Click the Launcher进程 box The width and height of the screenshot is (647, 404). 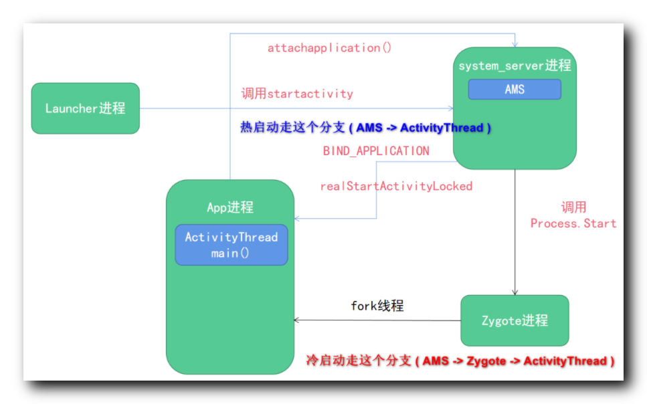pos(85,108)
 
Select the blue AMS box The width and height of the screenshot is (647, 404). pos(514,90)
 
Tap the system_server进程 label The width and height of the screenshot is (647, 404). pos(514,66)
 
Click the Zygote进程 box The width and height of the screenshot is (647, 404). pos(515,320)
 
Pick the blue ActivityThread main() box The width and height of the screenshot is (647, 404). pos(231,245)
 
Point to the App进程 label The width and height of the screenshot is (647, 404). pos(230,207)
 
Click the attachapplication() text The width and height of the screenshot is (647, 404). pos(329,48)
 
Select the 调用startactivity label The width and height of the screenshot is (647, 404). pos(297,94)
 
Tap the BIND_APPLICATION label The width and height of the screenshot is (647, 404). pos(376,151)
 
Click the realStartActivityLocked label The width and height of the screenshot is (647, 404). pos(396,186)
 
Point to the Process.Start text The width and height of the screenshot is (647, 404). pos(573,223)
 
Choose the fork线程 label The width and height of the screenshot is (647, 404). pos(377,306)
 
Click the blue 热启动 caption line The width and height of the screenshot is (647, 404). pos(365,128)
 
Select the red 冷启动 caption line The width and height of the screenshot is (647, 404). pos(460,361)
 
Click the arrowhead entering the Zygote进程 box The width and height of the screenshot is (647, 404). pos(515,292)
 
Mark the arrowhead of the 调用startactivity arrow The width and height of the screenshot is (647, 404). pos(450,108)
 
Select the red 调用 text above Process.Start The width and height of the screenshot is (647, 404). pos(573,207)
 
